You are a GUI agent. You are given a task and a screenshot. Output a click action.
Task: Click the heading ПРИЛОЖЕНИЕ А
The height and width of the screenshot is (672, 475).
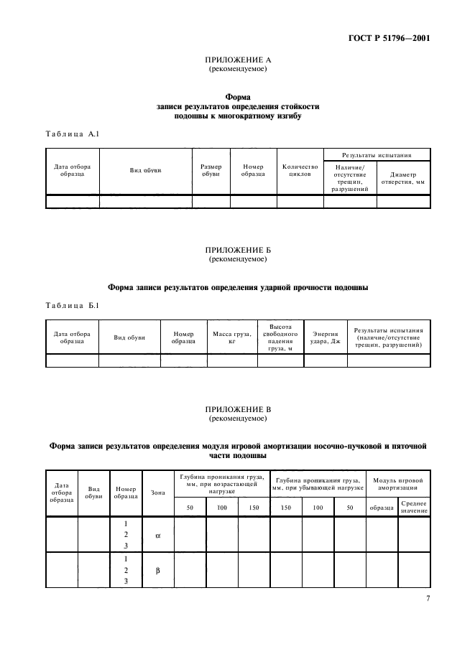(237, 61)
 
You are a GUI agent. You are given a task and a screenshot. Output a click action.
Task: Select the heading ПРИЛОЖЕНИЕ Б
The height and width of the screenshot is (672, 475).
(237, 249)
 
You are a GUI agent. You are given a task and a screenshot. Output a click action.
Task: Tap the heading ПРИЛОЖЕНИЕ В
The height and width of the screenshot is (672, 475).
(237, 409)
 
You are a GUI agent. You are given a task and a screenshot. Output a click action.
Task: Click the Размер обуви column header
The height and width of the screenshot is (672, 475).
(211, 170)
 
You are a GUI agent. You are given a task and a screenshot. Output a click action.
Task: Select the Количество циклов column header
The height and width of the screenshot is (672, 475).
(300, 170)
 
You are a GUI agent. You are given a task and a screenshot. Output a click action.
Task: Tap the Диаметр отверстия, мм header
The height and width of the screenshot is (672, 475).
(404, 178)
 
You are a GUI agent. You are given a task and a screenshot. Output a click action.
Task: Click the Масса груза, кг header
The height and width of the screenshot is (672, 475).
(231, 337)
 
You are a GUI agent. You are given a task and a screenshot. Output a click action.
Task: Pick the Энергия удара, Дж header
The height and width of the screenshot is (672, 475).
(326, 337)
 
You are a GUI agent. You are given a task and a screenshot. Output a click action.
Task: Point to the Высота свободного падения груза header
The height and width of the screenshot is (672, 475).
(280, 337)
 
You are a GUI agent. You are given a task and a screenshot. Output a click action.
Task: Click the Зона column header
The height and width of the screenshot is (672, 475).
(158, 493)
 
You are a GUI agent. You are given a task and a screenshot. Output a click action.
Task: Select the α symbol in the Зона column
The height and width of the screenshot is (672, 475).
(158, 535)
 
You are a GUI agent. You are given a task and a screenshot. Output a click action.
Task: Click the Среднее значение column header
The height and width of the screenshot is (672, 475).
(414, 508)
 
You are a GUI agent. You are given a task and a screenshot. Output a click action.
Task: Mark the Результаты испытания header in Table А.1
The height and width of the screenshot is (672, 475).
(377, 154)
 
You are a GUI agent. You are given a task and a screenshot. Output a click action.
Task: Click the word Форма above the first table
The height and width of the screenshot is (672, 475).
(237, 95)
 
